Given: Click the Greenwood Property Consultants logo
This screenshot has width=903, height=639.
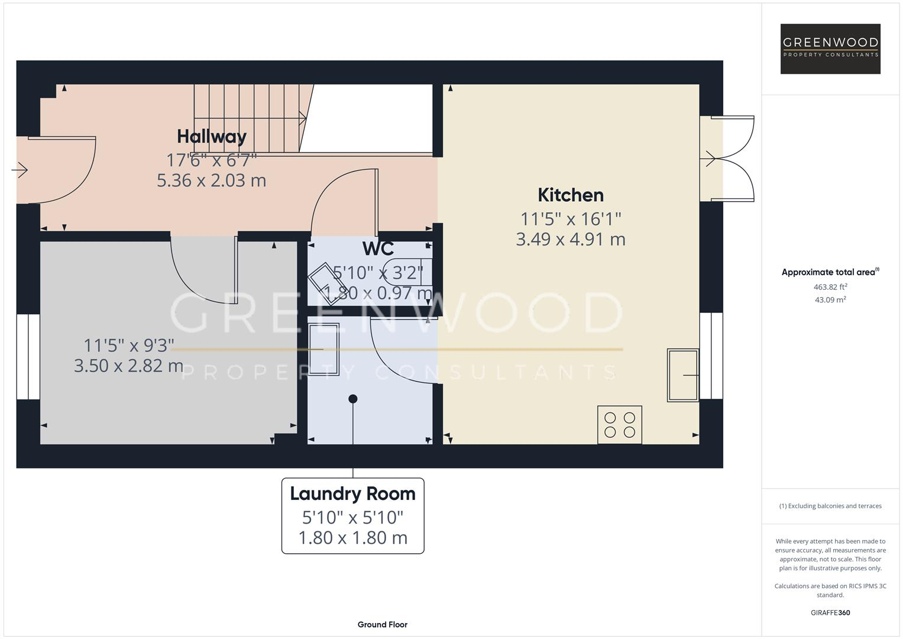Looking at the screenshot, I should tap(830, 49).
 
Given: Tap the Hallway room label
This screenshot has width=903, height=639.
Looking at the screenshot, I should tap(212, 137).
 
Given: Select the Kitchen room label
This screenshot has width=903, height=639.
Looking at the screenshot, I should tap(571, 195).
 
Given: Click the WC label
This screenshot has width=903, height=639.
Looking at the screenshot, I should tap(378, 248).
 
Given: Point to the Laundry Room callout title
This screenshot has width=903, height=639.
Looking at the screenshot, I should tap(352, 493).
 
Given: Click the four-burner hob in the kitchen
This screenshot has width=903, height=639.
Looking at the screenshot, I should tap(619, 424).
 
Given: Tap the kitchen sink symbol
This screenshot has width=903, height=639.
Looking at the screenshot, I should tap(682, 375).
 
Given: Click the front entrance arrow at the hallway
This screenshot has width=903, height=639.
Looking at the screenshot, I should tap(20, 170).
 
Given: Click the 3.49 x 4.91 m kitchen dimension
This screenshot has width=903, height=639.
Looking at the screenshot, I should tap(571, 240).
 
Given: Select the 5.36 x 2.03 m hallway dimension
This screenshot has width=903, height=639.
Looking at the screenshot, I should tap(212, 180).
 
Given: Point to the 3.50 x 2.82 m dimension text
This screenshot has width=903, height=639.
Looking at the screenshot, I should tap(128, 366).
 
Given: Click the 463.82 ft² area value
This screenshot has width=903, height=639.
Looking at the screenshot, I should tap(830, 287).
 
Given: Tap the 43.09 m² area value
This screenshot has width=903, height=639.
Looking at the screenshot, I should tap(830, 300).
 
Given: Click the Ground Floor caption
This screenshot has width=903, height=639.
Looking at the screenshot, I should tap(382, 624).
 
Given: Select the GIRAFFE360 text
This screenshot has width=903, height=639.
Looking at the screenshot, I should tap(830, 612).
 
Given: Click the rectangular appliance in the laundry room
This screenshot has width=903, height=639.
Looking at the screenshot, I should tap(323, 349).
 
